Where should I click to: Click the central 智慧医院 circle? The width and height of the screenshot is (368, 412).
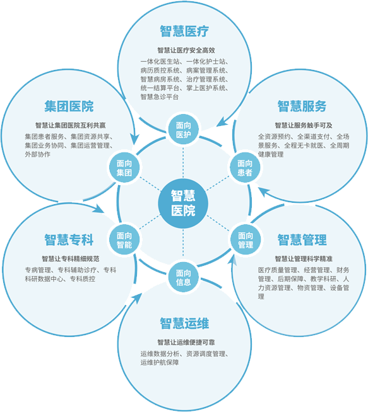coord(183,203)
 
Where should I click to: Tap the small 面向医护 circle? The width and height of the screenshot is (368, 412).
coord(184,130)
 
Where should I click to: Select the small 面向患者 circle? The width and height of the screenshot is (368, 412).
coord(245,168)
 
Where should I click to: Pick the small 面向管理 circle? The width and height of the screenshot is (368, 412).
coord(246,239)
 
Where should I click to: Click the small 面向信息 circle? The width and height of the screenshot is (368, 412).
coord(184,277)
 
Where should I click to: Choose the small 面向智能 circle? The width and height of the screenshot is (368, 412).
coord(124,239)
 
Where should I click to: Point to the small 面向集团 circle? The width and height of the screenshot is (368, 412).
coord(124,168)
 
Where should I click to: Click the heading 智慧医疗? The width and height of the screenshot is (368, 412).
coord(184,31)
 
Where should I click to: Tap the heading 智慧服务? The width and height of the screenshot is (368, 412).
coord(302,106)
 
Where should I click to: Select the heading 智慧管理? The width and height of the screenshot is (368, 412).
coord(302,239)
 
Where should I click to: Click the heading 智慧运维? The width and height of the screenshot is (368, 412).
coord(184,323)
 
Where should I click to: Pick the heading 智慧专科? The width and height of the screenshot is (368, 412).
coord(69,239)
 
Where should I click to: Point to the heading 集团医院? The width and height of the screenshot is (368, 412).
coord(69,106)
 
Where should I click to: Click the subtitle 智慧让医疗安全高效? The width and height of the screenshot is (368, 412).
coord(186,50)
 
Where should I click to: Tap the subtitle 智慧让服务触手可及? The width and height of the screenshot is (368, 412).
coord(304,125)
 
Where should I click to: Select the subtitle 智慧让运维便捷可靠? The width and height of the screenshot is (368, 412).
coord(186,342)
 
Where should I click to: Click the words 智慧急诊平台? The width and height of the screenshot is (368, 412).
coord(160,96)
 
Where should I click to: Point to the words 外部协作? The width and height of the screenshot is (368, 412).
coord(38,154)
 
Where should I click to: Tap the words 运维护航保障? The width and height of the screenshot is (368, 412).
coord(160,362)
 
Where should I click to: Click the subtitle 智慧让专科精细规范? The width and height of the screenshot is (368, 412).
coord(71,259)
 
